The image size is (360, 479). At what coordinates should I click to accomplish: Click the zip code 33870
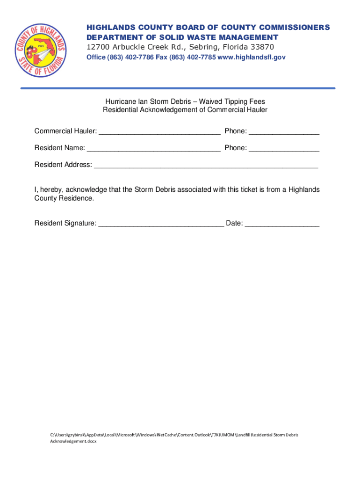click(x=261, y=47)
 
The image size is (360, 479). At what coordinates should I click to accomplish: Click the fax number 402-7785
click(x=201, y=57)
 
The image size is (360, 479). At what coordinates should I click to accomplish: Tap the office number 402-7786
click(x=138, y=57)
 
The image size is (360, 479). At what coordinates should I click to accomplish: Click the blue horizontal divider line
click(x=178, y=88)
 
